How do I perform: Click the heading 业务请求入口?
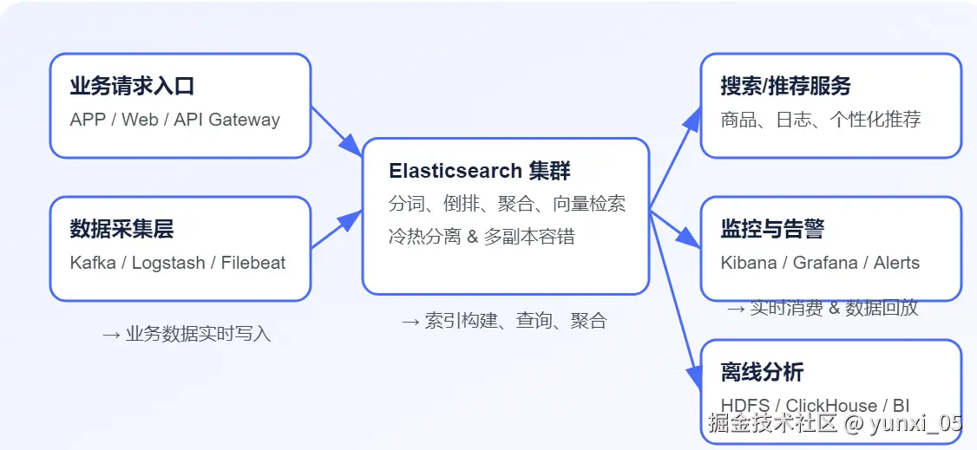point(132,87)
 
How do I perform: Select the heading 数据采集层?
point(121,230)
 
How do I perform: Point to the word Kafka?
point(93,263)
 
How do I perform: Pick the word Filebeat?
point(252,263)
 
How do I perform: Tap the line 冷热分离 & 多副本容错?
point(482,237)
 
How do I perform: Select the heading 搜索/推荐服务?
point(785,87)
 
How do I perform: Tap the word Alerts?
point(896,263)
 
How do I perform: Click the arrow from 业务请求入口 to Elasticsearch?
point(336,131)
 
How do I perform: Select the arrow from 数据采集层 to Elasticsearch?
point(336,230)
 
